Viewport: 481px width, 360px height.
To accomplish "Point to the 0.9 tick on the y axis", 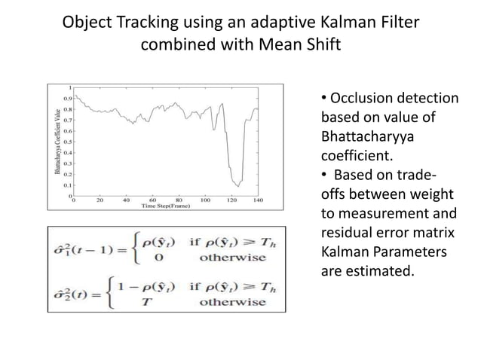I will [68, 98].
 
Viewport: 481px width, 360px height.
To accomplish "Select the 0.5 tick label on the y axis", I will [68, 141].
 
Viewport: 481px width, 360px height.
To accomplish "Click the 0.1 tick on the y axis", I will [68, 185].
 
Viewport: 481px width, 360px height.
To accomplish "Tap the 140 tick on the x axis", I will [258, 201].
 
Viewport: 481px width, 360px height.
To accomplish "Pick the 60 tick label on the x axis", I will [152, 201].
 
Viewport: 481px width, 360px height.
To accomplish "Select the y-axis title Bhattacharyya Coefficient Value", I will [58, 142].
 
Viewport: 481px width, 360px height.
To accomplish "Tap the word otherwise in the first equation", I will [232, 256].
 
